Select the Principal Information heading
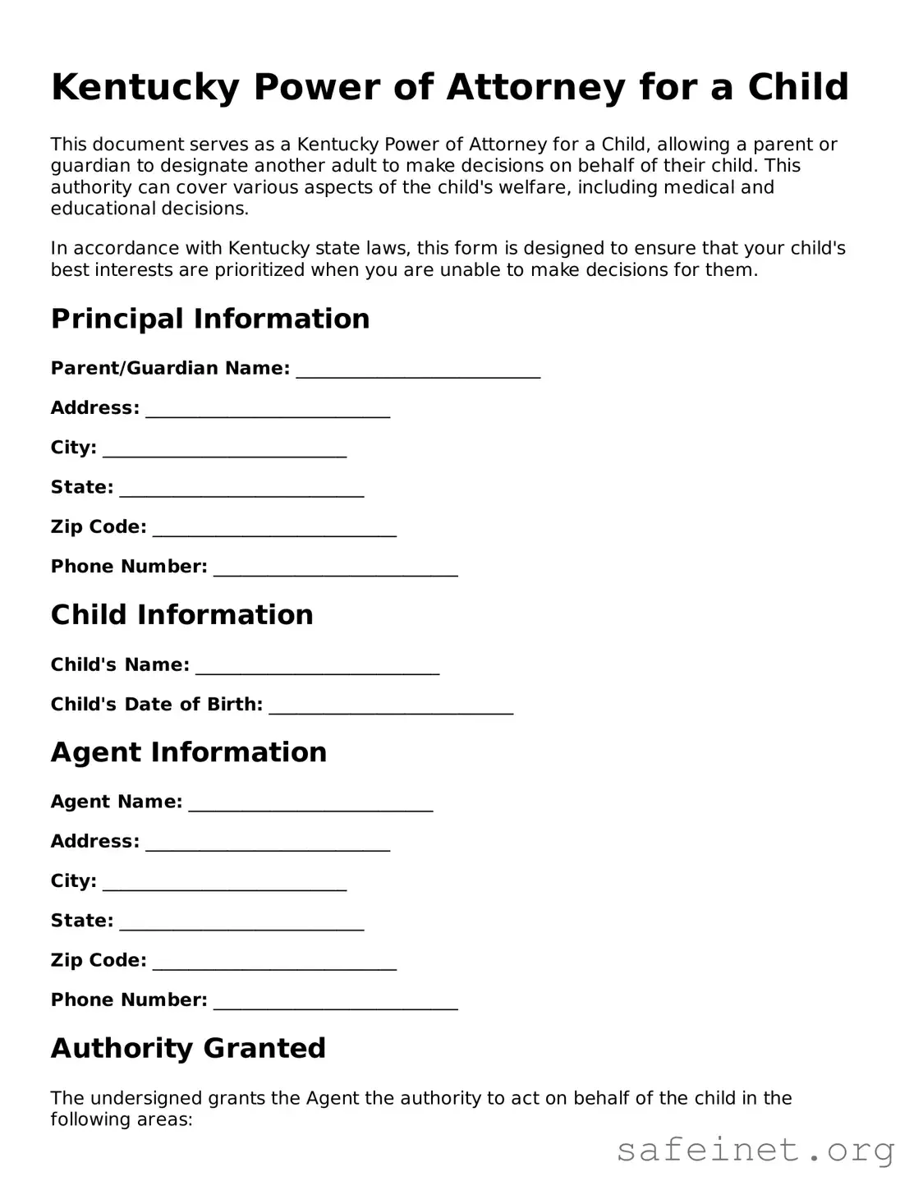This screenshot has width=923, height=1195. (210, 319)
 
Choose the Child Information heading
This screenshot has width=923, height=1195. (181, 614)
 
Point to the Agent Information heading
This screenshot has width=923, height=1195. (188, 751)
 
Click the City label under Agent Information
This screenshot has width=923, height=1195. (73, 880)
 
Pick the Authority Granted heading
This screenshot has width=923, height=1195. (188, 1048)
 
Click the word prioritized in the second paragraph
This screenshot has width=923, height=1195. (259, 269)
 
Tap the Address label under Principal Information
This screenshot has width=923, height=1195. (94, 407)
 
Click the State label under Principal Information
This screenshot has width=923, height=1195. (82, 487)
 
